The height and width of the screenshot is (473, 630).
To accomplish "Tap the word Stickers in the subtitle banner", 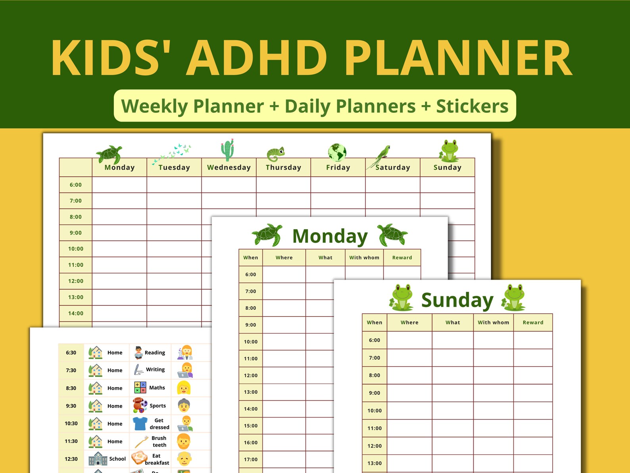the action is tap(472, 106).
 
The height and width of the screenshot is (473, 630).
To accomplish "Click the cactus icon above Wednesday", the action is tap(227, 150).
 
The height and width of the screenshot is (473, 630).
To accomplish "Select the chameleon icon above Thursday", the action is tap(276, 154).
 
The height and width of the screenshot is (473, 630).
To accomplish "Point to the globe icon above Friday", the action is tap(337, 152).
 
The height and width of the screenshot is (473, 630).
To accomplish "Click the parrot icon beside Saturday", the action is tap(379, 157).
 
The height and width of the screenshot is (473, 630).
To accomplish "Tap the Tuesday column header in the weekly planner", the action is tap(174, 167).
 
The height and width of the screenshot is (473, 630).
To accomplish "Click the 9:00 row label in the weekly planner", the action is tap(75, 233).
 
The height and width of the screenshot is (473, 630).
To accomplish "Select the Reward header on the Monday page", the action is tap(402, 258).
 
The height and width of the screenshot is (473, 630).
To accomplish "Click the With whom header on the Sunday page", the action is tap(493, 322).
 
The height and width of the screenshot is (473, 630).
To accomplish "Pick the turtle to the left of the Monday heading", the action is tap(267, 235).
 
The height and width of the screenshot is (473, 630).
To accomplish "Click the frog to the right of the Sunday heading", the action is tap(513, 297).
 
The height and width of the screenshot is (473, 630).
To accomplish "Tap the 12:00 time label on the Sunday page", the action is tap(375, 446).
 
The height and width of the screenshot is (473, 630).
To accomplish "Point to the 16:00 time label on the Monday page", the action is tap(251, 442).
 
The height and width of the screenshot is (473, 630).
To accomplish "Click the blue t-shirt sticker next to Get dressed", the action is tap(140, 424).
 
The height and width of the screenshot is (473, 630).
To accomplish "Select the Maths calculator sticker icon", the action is tap(140, 388).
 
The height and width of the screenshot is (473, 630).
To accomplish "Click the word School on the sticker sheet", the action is tap(117, 459).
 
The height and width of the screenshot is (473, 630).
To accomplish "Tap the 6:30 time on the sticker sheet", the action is tap(71, 352).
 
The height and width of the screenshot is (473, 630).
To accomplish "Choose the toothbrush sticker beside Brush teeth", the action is tap(142, 442).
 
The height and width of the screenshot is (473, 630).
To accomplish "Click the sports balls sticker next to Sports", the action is tap(140, 405).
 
